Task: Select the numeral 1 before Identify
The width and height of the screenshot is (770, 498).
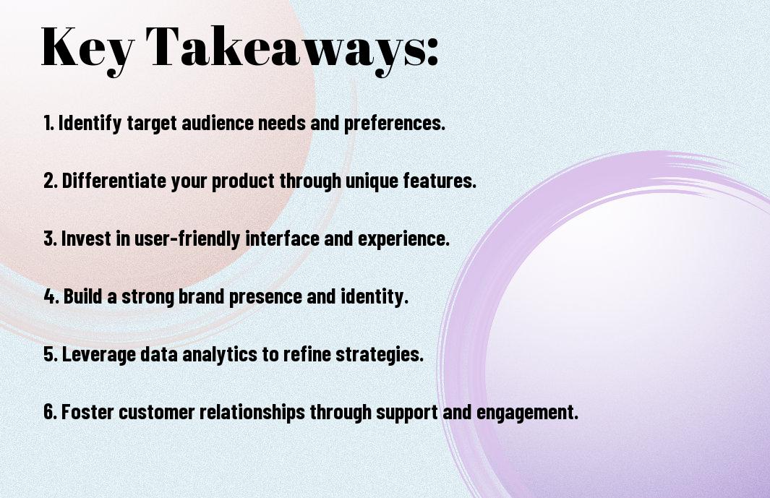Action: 47,123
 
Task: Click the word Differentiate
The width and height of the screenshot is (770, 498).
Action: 114,181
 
